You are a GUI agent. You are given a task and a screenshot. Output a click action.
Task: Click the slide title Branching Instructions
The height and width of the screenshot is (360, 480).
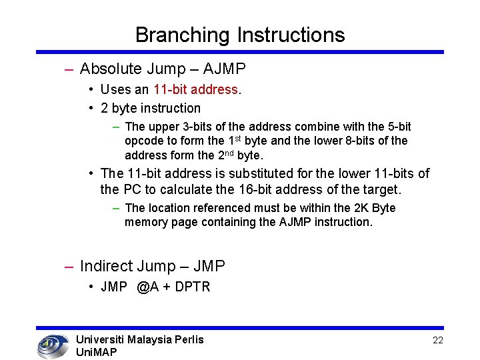pos(240,35)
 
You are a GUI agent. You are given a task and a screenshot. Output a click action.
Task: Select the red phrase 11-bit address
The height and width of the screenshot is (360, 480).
pos(195,89)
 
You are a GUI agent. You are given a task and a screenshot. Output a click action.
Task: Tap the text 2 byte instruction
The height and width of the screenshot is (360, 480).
pos(150,108)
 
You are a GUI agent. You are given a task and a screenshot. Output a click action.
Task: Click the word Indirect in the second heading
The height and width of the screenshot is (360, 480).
pos(107,266)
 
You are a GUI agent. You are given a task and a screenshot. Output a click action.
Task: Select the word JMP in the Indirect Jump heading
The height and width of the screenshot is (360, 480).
pos(209,266)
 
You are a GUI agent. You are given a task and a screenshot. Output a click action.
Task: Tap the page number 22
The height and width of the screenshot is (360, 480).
pos(438,340)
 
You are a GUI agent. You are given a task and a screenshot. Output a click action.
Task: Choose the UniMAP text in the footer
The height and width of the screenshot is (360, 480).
pos(97,352)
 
